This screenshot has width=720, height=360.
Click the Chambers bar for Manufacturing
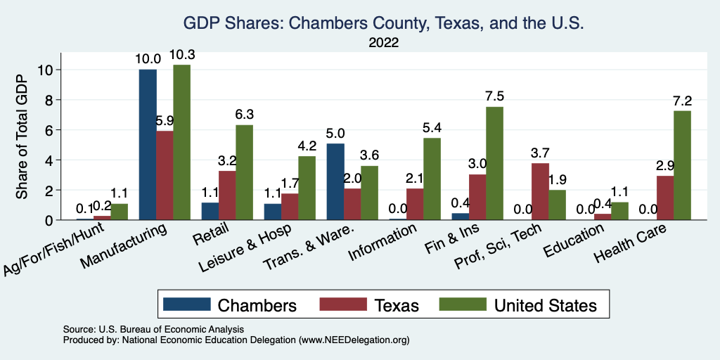coord(148,145)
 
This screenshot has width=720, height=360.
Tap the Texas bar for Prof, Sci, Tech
coord(540,191)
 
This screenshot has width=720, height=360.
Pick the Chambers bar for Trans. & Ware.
coord(335,181)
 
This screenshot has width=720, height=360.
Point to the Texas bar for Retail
coord(227,195)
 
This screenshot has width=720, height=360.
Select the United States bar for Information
coord(427,179)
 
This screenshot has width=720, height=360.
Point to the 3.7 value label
coord(540,154)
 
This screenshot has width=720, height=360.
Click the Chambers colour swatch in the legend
coord(186,304)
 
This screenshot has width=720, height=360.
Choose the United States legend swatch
coord(462,304)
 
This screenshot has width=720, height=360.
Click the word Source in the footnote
coord(78,329)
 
